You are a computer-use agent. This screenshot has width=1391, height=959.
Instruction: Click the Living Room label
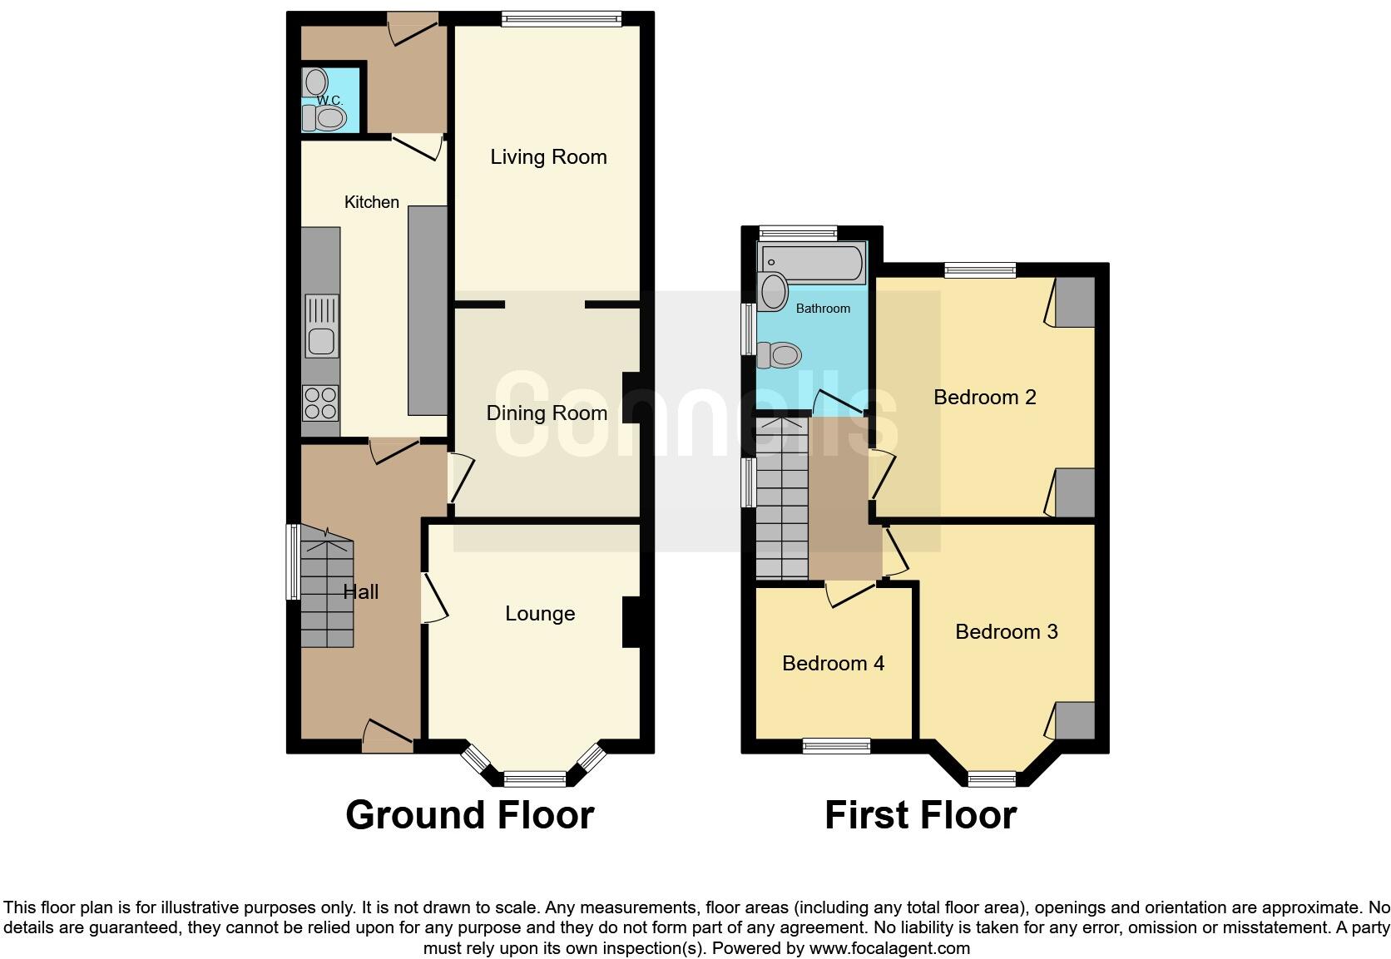click(548, 157)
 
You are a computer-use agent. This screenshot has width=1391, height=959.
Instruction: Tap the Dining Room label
click(547, 413)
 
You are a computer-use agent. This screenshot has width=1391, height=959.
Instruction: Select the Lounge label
click(540, 614)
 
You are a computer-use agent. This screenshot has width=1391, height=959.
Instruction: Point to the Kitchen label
click(371, 202)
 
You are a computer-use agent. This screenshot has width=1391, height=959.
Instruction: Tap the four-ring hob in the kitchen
click(320, 403)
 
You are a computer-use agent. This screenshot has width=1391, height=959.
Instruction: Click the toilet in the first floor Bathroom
click(780, 356)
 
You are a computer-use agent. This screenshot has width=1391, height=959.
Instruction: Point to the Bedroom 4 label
click(833, 664)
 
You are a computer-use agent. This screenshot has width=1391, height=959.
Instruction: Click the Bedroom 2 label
click(984, 398)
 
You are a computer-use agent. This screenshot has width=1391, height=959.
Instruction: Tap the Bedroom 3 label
click(1006, 632)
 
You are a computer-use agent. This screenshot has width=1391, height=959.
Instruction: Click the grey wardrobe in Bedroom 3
click(1075, 720)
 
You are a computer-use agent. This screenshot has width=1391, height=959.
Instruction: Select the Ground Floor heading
click(470, 815)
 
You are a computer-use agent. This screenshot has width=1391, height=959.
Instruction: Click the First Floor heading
click(920, 815)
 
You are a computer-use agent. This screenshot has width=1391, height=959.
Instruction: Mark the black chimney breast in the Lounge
click(631, 622)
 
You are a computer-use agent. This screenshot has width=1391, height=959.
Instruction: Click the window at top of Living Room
click(562, 20)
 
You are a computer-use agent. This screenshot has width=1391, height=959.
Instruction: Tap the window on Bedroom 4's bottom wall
click(836, 746)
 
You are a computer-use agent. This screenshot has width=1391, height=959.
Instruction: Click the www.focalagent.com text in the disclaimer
click(889, 948)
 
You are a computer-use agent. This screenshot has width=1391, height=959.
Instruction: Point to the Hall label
click(361, 592)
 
